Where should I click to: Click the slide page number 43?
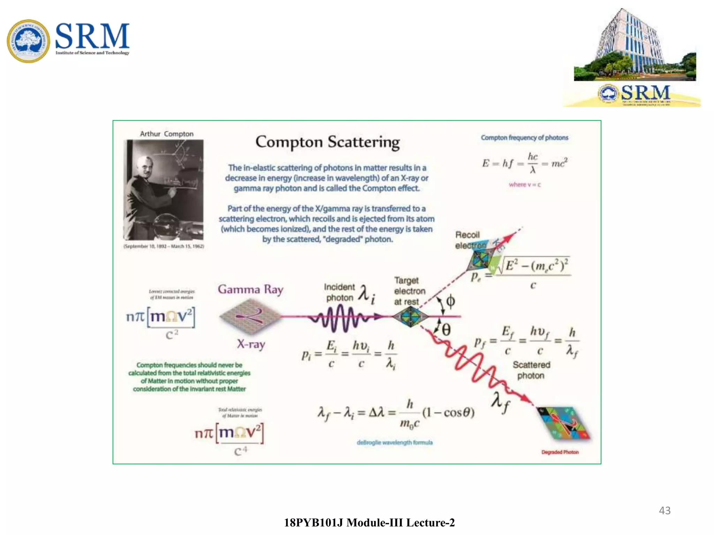(x=664, y=510)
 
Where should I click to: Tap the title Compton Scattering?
(x=327, y=142)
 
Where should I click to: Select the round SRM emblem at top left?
(x=28, y=41)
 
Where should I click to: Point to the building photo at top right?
(x=635, y=45)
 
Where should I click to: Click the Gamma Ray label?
(x=251, y=289)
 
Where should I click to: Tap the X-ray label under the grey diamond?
(x=251, y=344)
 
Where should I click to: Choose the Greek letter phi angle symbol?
(x=450, y=301)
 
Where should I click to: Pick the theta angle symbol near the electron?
(x=446, y=329)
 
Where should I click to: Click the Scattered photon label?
(x=531, y=370)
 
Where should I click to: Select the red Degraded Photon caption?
(x=560, y=452)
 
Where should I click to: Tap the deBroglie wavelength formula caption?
(x=395, y=442)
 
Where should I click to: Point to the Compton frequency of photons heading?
(x=524, y=138)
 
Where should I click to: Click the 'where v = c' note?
(x=525, y=185)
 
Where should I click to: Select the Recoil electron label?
(x=469, y=240)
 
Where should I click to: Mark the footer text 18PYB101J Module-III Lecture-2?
(x=369, y=522)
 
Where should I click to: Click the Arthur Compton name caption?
(x=167, y=134)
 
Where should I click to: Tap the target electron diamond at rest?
(x=410, y=317)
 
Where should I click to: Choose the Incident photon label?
(x=339, y=292)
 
